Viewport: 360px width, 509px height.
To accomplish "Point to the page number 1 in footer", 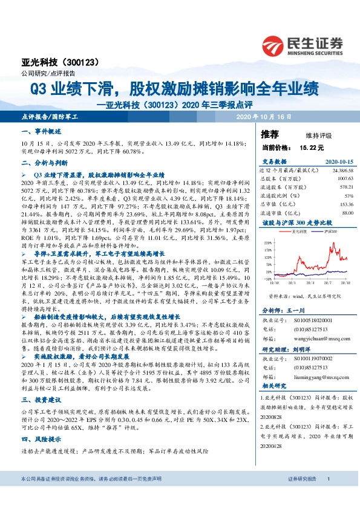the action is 327,496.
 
